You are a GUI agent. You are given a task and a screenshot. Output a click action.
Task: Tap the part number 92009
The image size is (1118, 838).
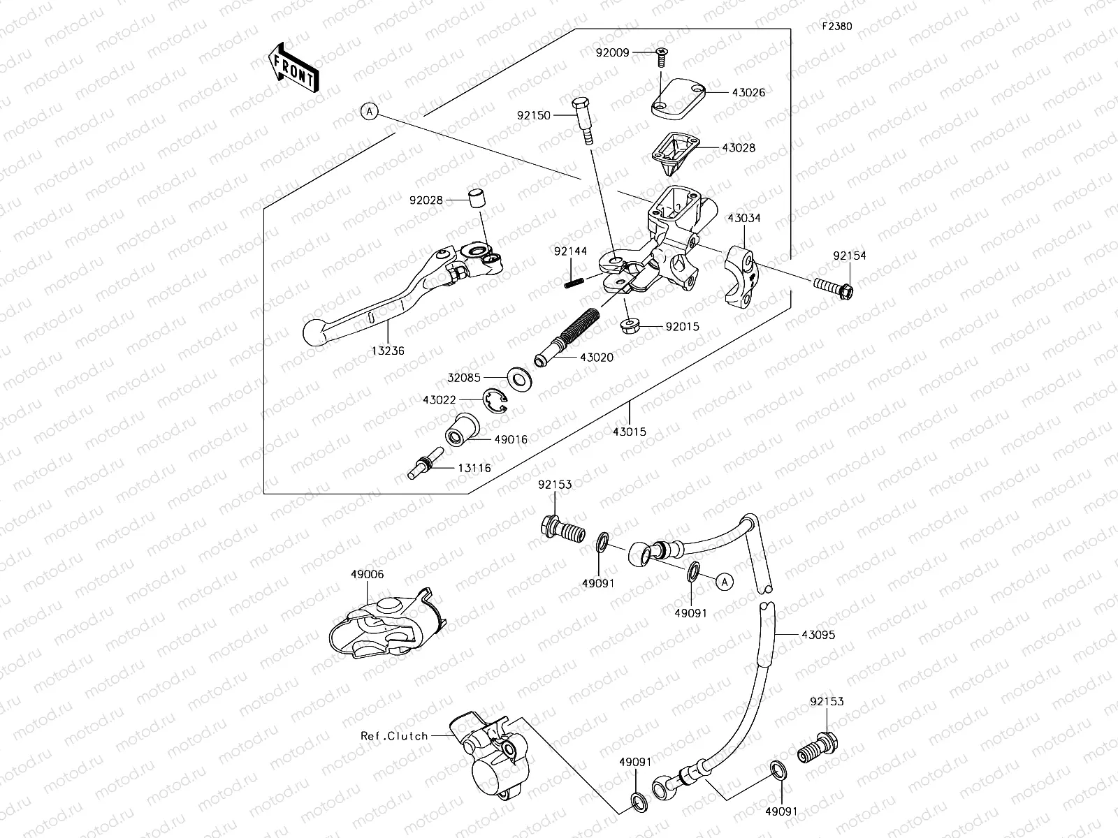(613, 52)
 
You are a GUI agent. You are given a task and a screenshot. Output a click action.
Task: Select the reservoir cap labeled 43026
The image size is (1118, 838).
(678, 97)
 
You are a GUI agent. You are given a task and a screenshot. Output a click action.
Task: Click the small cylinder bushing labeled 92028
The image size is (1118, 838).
(476, 198)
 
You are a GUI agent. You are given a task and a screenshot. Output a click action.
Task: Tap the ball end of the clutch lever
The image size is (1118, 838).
(317, 330)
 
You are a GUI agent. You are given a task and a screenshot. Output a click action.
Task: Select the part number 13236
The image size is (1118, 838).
(388, 351)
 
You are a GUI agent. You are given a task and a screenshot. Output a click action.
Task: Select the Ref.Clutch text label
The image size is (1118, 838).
(394, 735)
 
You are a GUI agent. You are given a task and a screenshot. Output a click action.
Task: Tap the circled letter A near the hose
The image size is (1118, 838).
(724, 580)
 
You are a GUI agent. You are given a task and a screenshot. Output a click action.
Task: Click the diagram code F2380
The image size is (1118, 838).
(836, 27)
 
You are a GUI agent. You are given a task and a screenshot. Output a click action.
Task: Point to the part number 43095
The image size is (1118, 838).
(818, 635)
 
